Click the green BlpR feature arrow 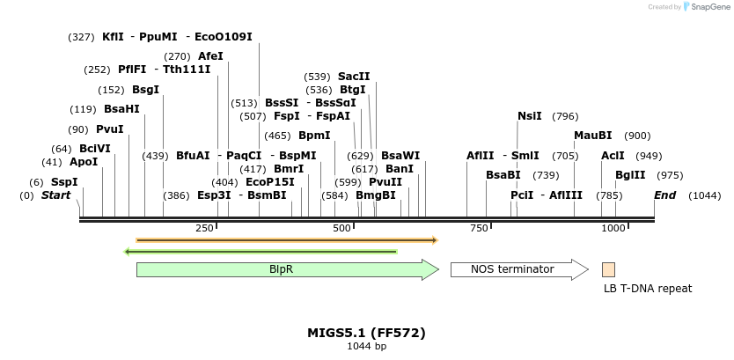286,269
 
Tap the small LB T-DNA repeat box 608,269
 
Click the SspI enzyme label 64,182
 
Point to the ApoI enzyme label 84,162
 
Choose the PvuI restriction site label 109,129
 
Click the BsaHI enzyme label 121,109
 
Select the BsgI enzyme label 145,90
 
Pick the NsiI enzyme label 530,116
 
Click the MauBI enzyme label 592,136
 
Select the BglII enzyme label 630,175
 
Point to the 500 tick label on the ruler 342,229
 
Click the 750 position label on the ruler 478,229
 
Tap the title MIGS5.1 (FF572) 366,333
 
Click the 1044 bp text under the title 366,346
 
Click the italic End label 664,195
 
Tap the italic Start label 55,195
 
